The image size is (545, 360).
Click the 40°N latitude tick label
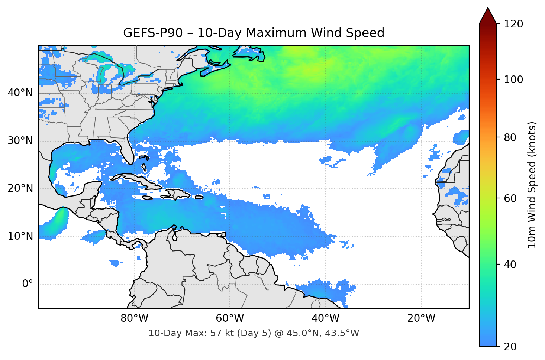click(20, 93)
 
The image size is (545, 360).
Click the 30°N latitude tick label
click(20, 140)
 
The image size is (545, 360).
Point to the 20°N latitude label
click(20, 188)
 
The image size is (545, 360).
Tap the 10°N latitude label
click(20, 236)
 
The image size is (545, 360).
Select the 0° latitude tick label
click(28, 284)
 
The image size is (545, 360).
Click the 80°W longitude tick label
click(134, 318)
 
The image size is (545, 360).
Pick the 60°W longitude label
click(230, 318)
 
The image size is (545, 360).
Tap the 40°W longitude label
click(326, 318)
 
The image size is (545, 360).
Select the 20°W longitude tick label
click(421, 318)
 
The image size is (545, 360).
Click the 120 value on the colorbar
click(513, 24)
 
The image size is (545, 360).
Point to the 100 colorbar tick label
click(513, 80)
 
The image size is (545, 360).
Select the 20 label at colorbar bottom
click(510, 347)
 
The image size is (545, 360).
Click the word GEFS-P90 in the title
click(153, 33)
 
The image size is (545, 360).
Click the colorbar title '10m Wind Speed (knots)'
click(532, 185)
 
